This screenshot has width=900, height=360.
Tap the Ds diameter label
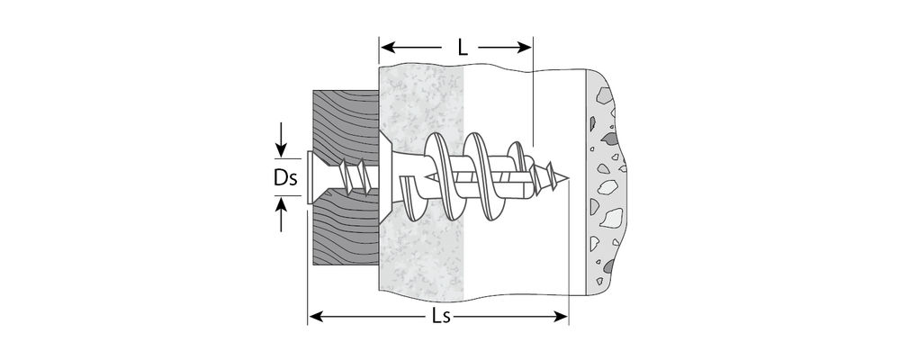click(285, 179)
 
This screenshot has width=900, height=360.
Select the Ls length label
click(438, 317)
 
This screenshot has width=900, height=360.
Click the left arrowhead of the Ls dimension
click(314, 316)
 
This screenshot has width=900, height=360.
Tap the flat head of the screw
click(310, 177)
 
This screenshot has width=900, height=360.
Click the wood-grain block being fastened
click(342, 117)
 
